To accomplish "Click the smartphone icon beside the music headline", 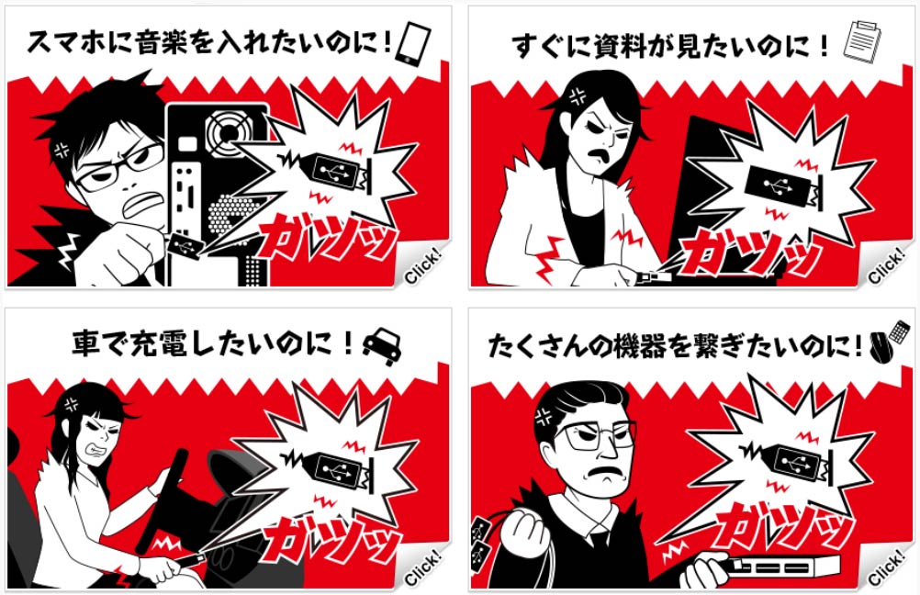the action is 413,43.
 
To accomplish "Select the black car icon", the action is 382,346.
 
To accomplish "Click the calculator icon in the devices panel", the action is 899,332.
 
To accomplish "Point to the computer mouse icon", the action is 881,347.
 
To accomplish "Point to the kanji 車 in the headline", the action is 87,342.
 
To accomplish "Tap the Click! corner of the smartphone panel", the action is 423,267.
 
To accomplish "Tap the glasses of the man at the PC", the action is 120,168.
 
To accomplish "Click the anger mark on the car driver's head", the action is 72,404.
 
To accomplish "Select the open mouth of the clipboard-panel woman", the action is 598,155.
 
